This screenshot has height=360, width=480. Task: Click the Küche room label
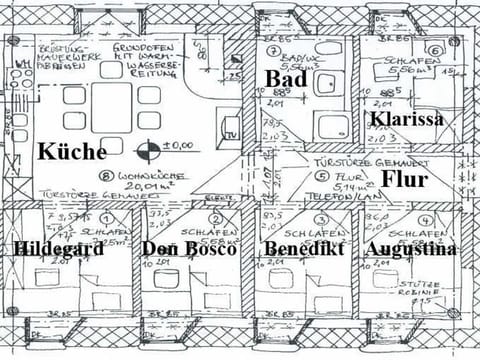71,152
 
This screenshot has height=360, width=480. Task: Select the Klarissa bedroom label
405,121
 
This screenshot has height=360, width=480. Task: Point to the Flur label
404,180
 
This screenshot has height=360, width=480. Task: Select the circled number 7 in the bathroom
272,49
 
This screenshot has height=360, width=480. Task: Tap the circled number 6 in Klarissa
435,49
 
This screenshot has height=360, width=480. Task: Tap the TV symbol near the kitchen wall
230,134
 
